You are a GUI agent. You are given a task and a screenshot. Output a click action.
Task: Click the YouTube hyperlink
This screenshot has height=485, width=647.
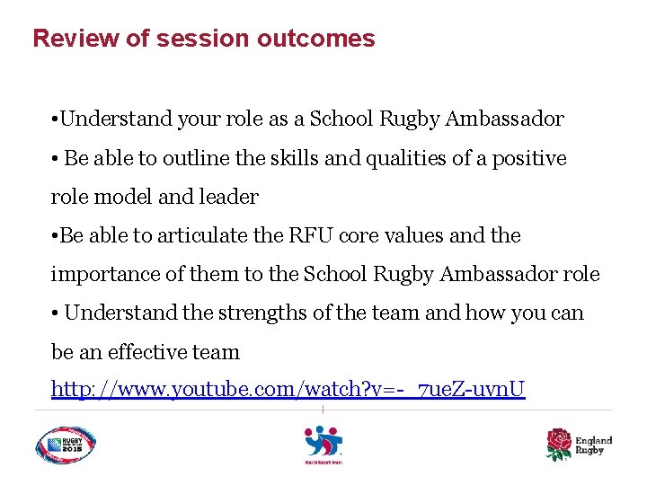pos(288,390)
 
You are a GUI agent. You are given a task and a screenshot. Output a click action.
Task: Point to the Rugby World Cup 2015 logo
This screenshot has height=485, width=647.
pos(66,445)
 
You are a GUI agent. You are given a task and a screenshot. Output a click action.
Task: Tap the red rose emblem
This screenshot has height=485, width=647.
pos(559,444)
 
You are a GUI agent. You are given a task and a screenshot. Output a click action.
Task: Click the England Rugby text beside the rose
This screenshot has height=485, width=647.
pos(593,445)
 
